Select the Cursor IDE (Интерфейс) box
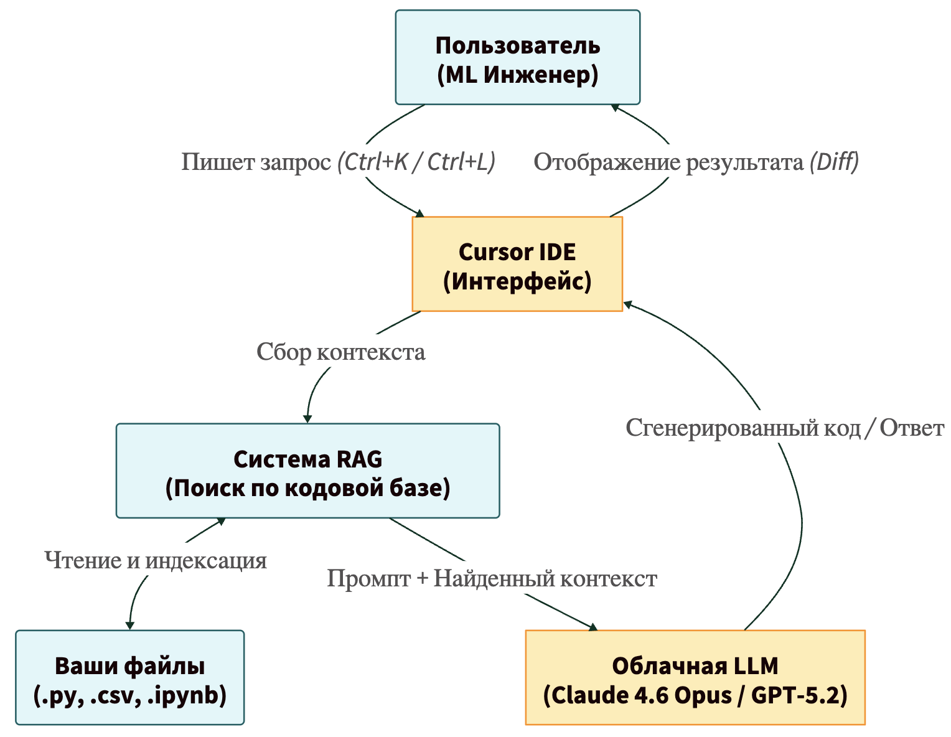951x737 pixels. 517,264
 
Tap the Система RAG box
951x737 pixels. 307,471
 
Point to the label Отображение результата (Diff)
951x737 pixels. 696,162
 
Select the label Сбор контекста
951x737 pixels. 341,352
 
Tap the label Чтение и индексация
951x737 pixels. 156,560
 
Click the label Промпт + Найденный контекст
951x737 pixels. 492,579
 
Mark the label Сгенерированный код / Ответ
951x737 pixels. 784,428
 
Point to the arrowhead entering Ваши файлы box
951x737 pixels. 129,625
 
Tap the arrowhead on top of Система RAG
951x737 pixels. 307,418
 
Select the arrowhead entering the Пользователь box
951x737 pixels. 615,108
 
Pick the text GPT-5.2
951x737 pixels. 799,695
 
